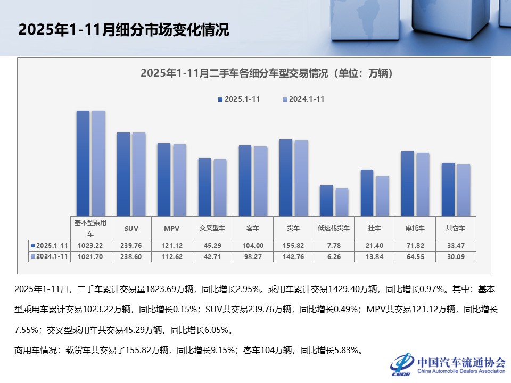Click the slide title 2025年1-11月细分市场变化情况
pos(123,30)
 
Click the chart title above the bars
pos(267,73)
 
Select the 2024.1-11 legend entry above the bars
pos(303,99)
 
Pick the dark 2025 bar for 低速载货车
pos(326,201)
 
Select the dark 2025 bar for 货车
pos(286,178)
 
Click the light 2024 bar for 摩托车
pos(423,184)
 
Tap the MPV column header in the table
pos(171,228)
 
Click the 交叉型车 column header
pos(212,228)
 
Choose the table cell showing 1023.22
pos(90,245)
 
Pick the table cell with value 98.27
pos(253,256)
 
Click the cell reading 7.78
pos(334,245)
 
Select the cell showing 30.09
pos(456,256)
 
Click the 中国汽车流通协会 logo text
pos(461,362)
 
